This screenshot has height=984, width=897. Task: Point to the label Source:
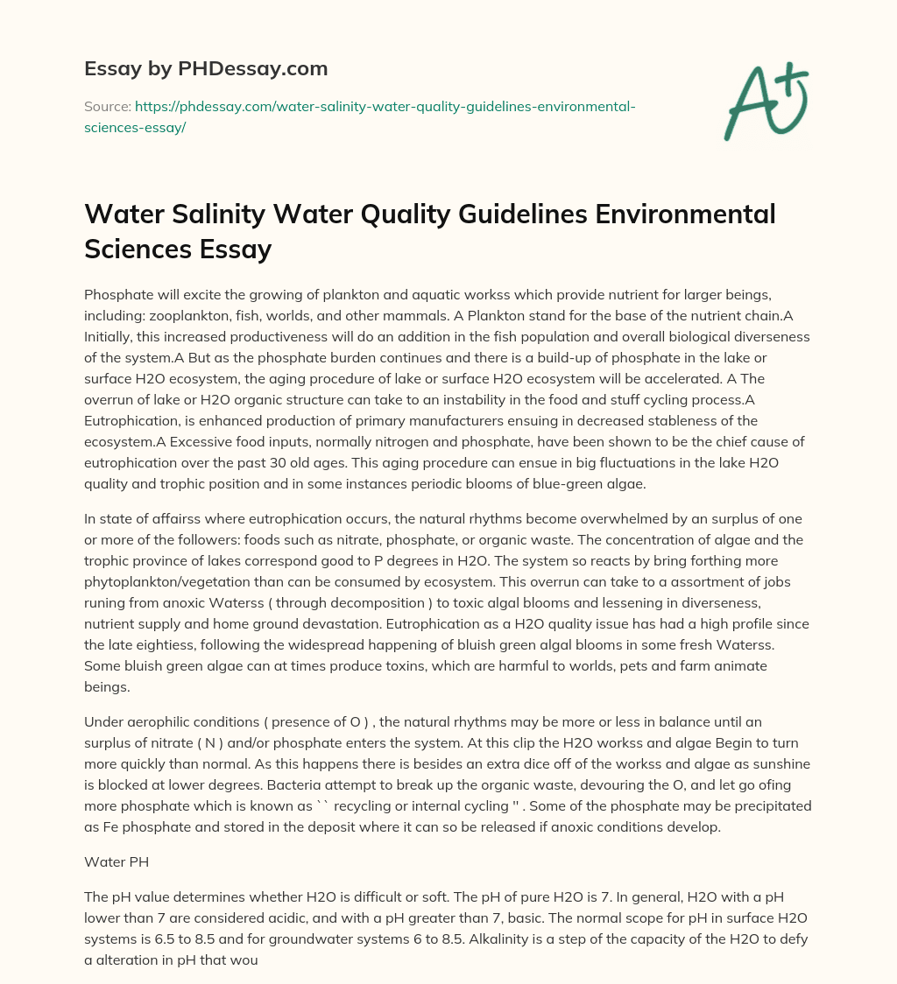pos(107,106)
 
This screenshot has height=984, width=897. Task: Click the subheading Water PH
pos(117,861)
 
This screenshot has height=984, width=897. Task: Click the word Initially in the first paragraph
pos(110,336)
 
